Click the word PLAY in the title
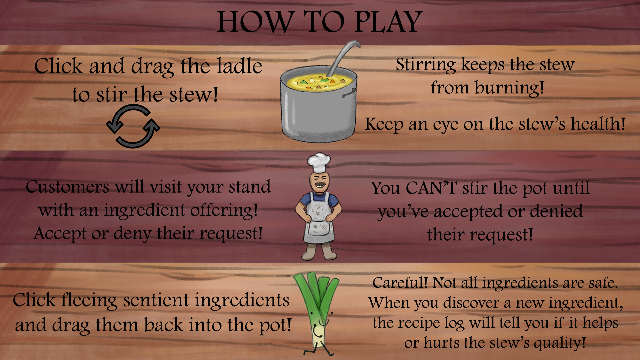point(389,22)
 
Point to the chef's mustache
point(319,184)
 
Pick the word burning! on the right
point(509,88)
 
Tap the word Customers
point(68,187)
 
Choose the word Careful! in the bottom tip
point(400,283)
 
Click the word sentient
point(157,300)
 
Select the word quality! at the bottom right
point(559,343)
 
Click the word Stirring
point(426,65)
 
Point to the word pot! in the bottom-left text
point(275,325)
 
